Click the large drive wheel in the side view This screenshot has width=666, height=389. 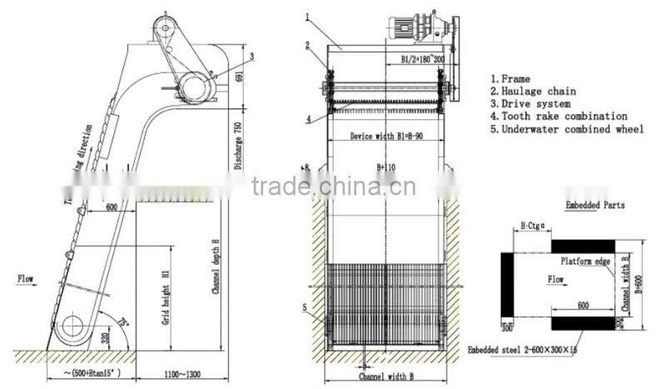pos(195,84)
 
